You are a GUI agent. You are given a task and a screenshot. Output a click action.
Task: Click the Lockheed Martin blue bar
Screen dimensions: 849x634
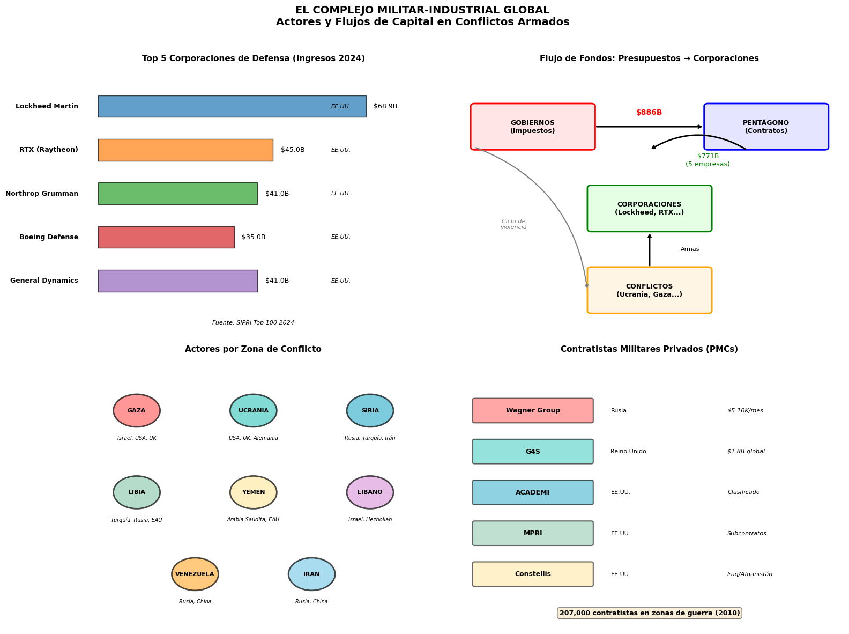(232, 106)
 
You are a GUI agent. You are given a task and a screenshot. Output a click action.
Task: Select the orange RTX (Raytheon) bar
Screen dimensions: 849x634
(185, 150)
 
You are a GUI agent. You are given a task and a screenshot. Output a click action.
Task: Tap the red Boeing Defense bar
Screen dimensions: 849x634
(166, 237)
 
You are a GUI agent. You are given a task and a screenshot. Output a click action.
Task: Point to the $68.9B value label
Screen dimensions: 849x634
(385, 106)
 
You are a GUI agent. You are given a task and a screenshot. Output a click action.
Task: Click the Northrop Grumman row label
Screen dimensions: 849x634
(41, 194)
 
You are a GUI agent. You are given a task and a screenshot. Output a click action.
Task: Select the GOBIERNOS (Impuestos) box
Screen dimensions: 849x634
(532, 127)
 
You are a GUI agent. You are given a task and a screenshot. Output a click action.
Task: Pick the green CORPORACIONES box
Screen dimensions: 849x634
(649, 208)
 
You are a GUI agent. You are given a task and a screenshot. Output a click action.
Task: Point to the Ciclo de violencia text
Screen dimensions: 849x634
(513, 224)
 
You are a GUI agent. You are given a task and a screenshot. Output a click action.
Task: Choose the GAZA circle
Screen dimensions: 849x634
(137, 410)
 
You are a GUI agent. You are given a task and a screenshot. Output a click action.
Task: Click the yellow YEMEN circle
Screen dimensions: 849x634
(253, 492)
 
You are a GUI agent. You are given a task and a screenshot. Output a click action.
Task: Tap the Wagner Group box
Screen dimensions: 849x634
(533, 410)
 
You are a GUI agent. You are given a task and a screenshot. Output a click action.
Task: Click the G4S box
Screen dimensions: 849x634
(533, 451)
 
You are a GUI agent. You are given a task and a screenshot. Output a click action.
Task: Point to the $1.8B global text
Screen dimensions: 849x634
(746, 451)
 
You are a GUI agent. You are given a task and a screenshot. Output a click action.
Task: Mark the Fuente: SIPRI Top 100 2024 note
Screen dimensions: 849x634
(253, 322)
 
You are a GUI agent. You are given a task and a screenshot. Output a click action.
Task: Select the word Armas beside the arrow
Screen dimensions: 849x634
(689, 249)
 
